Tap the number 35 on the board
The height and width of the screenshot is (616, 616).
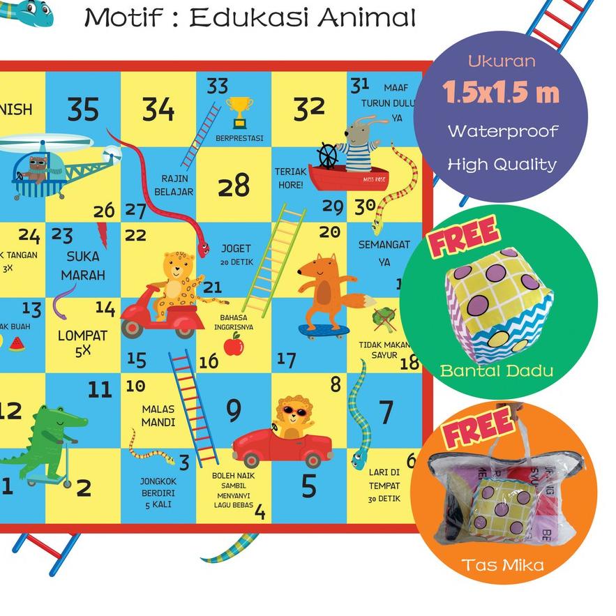[x=83, y=110]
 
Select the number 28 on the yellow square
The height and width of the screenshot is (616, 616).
[x=233, y=186]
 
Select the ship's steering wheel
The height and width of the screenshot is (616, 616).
[x=329, y=156]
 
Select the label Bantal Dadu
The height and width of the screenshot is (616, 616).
[x=496, y=370]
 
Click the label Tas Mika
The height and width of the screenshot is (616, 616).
[x=502, y=564]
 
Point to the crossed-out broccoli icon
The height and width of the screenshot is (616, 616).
[x=383, y=319]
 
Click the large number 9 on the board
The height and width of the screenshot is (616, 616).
[x=233, y=412]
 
